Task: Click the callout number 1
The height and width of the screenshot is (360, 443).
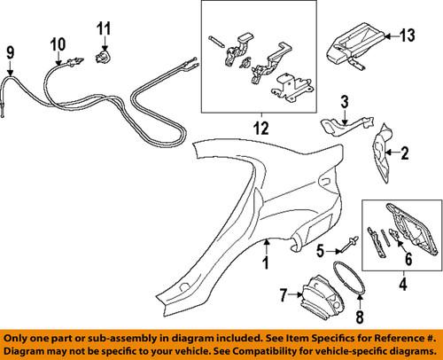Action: point(265,263)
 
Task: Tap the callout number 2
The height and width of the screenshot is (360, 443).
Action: point(405,155)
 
